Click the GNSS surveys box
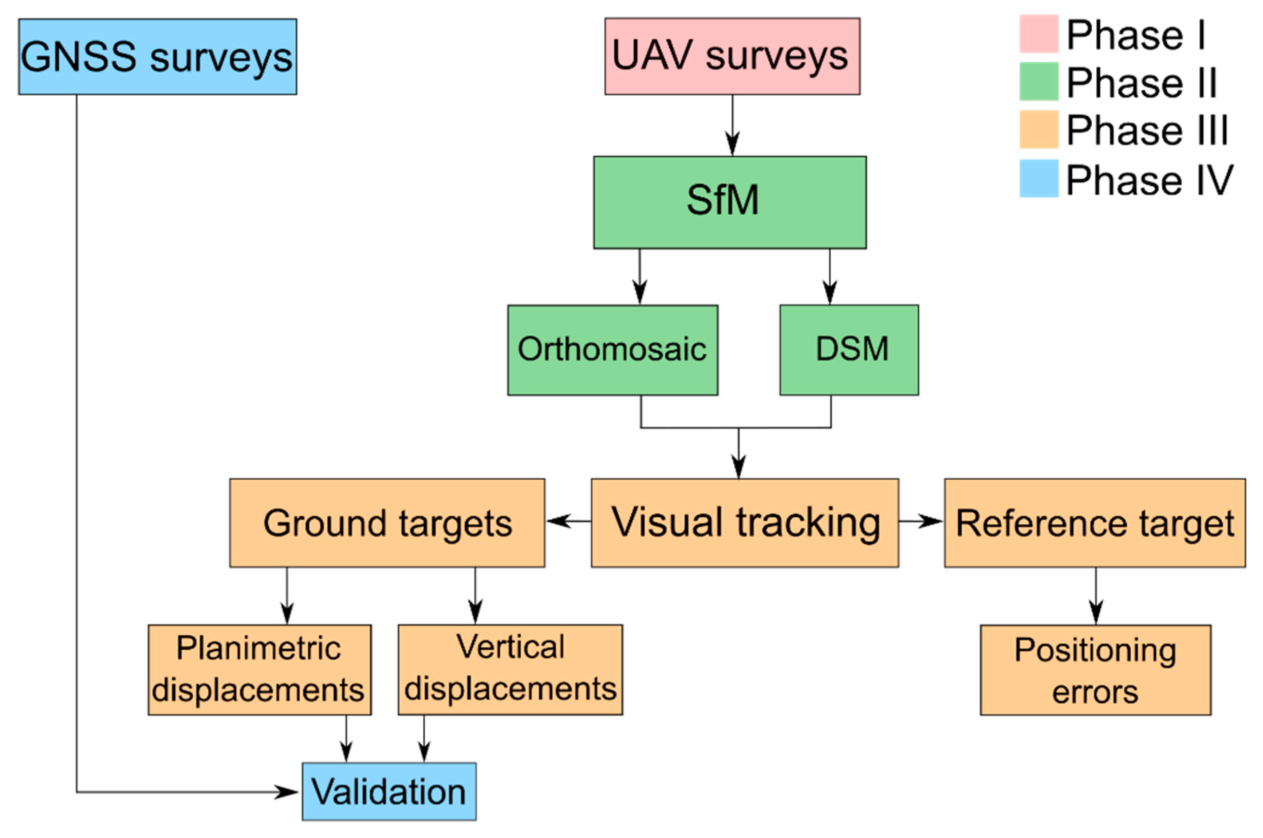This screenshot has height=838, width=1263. coord(157,57)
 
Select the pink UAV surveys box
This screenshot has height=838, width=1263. coord(732,57)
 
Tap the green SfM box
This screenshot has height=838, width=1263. coord(730,202)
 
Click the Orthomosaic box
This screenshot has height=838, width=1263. coord(612,350)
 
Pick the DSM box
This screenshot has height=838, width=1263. coord(848,350)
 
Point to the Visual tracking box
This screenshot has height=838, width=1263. coord(745,523)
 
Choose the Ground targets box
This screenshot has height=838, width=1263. coord(387,523)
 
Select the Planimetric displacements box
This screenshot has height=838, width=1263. coord(259,670)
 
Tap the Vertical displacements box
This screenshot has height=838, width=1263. coord(510,670)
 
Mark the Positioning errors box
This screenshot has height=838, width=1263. coord(1095,670)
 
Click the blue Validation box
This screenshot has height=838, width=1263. coord(389,792)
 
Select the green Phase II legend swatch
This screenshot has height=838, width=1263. coord(1038,82)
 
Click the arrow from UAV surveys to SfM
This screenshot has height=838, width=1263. coord(732,125)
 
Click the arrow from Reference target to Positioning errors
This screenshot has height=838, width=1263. coord(1096,596)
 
